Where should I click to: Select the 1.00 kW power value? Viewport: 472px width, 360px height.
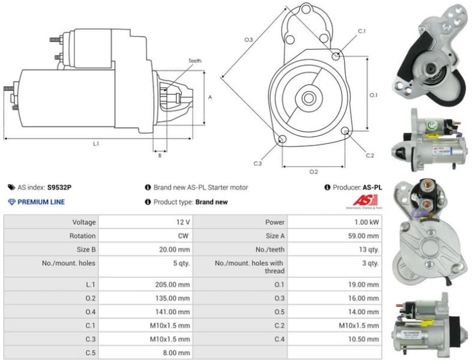coord(366,222)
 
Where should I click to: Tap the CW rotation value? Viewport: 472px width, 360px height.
coord(184,236)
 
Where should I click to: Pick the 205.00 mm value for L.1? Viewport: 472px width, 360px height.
coord(173,284)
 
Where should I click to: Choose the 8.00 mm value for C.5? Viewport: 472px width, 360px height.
coord(176,353)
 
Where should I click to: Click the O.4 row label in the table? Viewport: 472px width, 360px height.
coord(89,312)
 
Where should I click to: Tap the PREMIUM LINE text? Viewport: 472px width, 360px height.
coord(41,202)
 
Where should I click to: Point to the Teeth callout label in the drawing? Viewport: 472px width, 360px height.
coord(195,61)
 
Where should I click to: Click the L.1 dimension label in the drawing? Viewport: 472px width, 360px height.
coord(95,143)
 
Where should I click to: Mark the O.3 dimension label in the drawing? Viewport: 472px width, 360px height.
coord(248,40)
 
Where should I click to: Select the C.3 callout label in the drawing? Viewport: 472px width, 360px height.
coord(258,163)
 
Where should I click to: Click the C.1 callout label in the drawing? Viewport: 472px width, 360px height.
coord(362,31)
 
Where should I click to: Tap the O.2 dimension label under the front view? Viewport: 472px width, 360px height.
coord(313,172)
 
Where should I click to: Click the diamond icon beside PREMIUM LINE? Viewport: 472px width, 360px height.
coord(11,202)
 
